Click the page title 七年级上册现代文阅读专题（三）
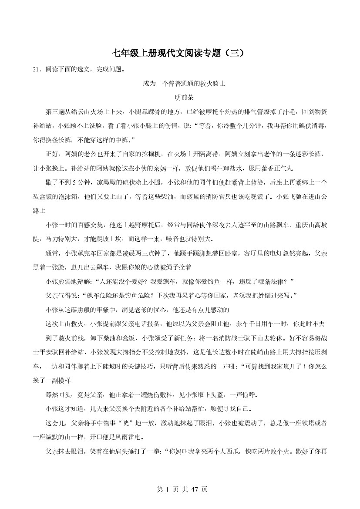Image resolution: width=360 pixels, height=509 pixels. click(180, 53)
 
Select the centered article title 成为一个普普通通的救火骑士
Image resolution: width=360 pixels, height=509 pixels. click(180, 84)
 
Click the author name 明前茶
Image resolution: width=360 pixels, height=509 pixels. click(180, 98)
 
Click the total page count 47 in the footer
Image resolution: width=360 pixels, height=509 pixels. click(193, 489)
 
